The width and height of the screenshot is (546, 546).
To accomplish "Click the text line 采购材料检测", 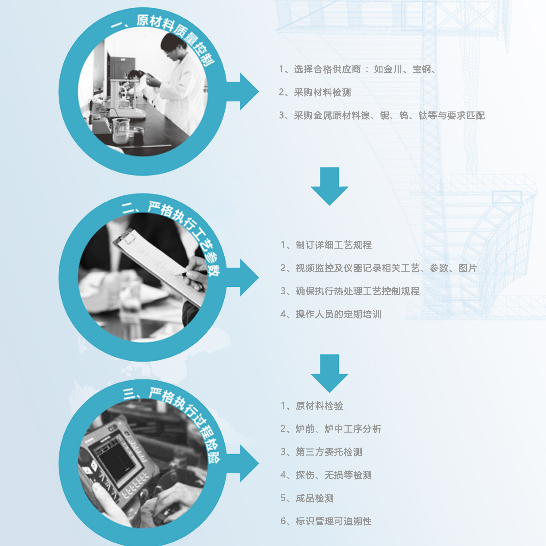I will point(315,92).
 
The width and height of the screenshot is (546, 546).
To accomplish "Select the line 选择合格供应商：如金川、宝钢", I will point(357,69).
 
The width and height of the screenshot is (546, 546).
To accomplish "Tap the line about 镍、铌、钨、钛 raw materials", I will point(382,115).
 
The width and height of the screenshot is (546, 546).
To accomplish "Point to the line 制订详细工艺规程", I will point(326,245).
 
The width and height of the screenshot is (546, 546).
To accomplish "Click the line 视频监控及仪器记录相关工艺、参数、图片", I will point(378,268).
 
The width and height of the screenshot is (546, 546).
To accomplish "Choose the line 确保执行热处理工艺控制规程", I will point(350,291).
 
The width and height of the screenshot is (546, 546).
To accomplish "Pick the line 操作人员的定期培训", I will point(331,314).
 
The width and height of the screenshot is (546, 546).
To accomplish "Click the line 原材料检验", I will point(312,406).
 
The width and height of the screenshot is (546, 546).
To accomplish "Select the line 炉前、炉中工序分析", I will point(331,429).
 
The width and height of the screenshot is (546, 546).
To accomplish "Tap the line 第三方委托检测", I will point(321,452).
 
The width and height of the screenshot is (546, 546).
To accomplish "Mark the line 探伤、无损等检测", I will point(326,475).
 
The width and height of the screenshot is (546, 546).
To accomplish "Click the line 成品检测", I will point(307,498).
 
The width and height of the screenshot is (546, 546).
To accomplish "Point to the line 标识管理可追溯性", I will point(326,521).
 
